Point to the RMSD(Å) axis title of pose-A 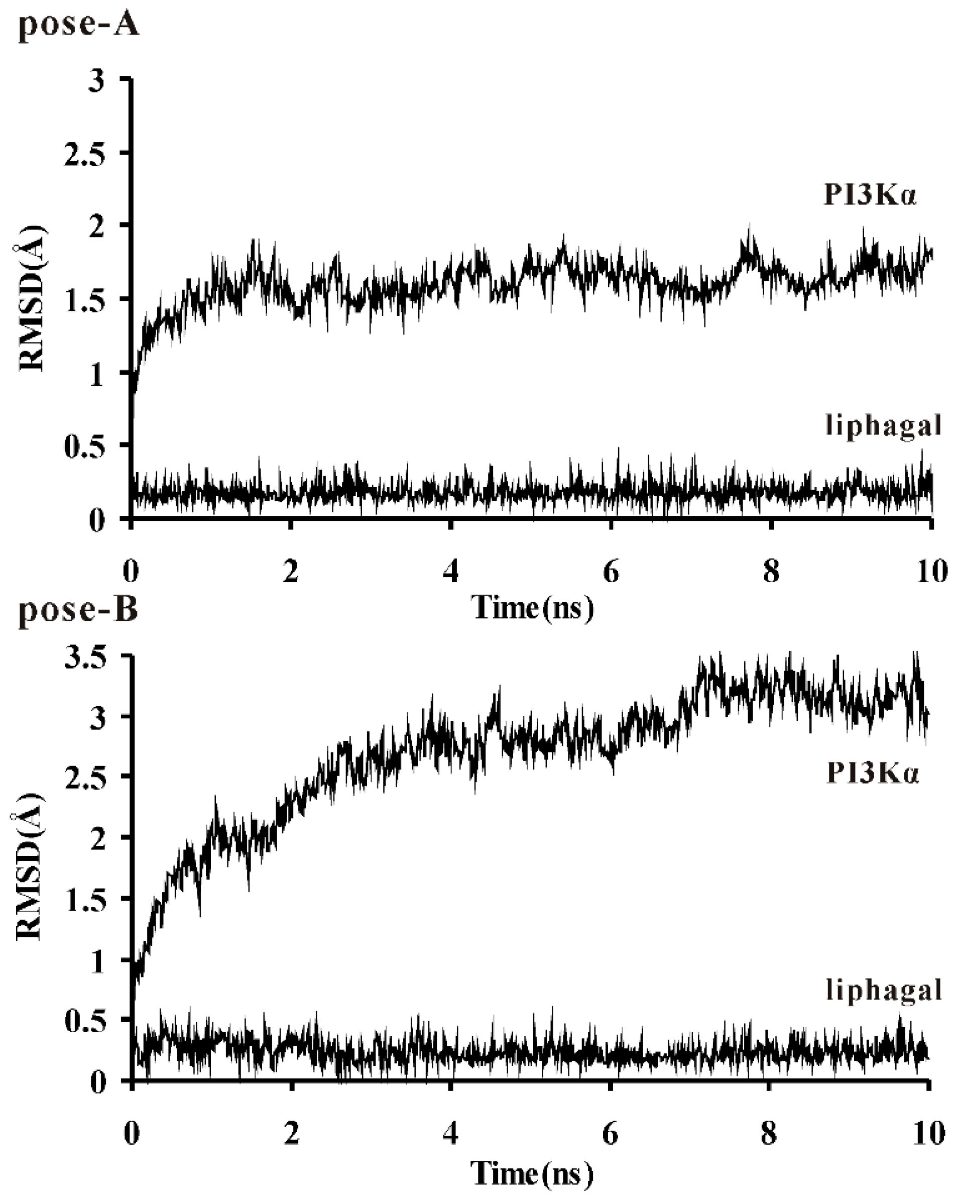[x=31, y=298]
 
